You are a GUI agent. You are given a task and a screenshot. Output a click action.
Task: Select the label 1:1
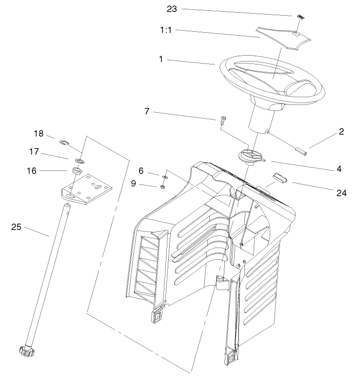tap(167, 30)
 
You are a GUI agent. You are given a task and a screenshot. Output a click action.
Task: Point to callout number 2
tap(341, 131)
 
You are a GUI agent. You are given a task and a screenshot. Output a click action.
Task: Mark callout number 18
tap(39, 134)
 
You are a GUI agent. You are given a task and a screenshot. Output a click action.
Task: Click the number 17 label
tap(34, 152)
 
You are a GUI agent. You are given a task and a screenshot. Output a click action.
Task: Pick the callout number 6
tap(141, 171)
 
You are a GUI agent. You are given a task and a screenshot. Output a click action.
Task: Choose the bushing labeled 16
tap(76, 171)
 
